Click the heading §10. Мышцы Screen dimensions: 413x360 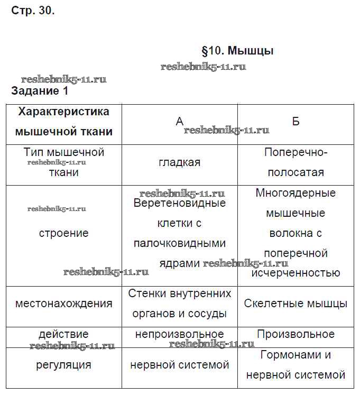[x=237, y=51]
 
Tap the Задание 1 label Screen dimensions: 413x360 [x=40, y=91]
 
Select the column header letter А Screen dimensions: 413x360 [x=179, y=122]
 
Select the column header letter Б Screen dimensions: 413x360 [x=296, y=122]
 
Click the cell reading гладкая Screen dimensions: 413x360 [x=179, y=162]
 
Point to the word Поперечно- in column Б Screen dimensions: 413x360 [x=296, y=152]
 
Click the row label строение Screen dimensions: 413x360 [x=63, y=233]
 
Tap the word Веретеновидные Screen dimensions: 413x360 [x=179, y=203]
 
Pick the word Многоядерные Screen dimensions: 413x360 [x=296, y=193]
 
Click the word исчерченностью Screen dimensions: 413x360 [x=296, y=273]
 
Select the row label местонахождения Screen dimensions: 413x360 [x=63, y=304]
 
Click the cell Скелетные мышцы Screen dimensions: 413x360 [x=296, y=304]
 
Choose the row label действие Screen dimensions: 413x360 [x=63, y=334]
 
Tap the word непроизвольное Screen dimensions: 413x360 [x=179, y=334]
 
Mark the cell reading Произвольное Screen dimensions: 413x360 [x=296, y=334]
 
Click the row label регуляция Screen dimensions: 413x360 [x=63, y=365]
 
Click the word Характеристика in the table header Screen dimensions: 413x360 [x=63, y=112]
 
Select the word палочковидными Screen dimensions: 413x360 [x=179, y=243]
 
